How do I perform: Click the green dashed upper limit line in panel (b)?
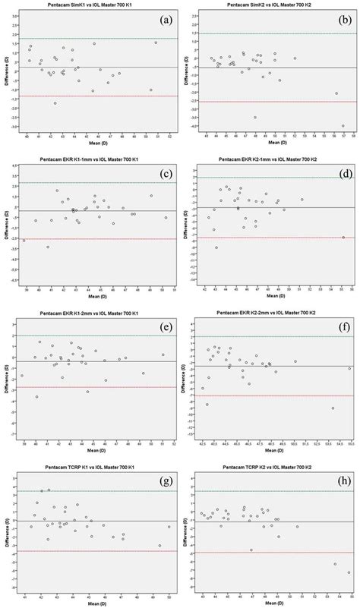click(273, 33)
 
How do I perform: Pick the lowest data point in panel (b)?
click(343, 126)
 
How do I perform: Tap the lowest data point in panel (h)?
click(349, 573)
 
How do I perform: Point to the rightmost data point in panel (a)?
click(156, 43)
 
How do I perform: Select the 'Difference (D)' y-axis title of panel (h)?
click(185, 534)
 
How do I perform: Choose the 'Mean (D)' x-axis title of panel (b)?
click(273, 143)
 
